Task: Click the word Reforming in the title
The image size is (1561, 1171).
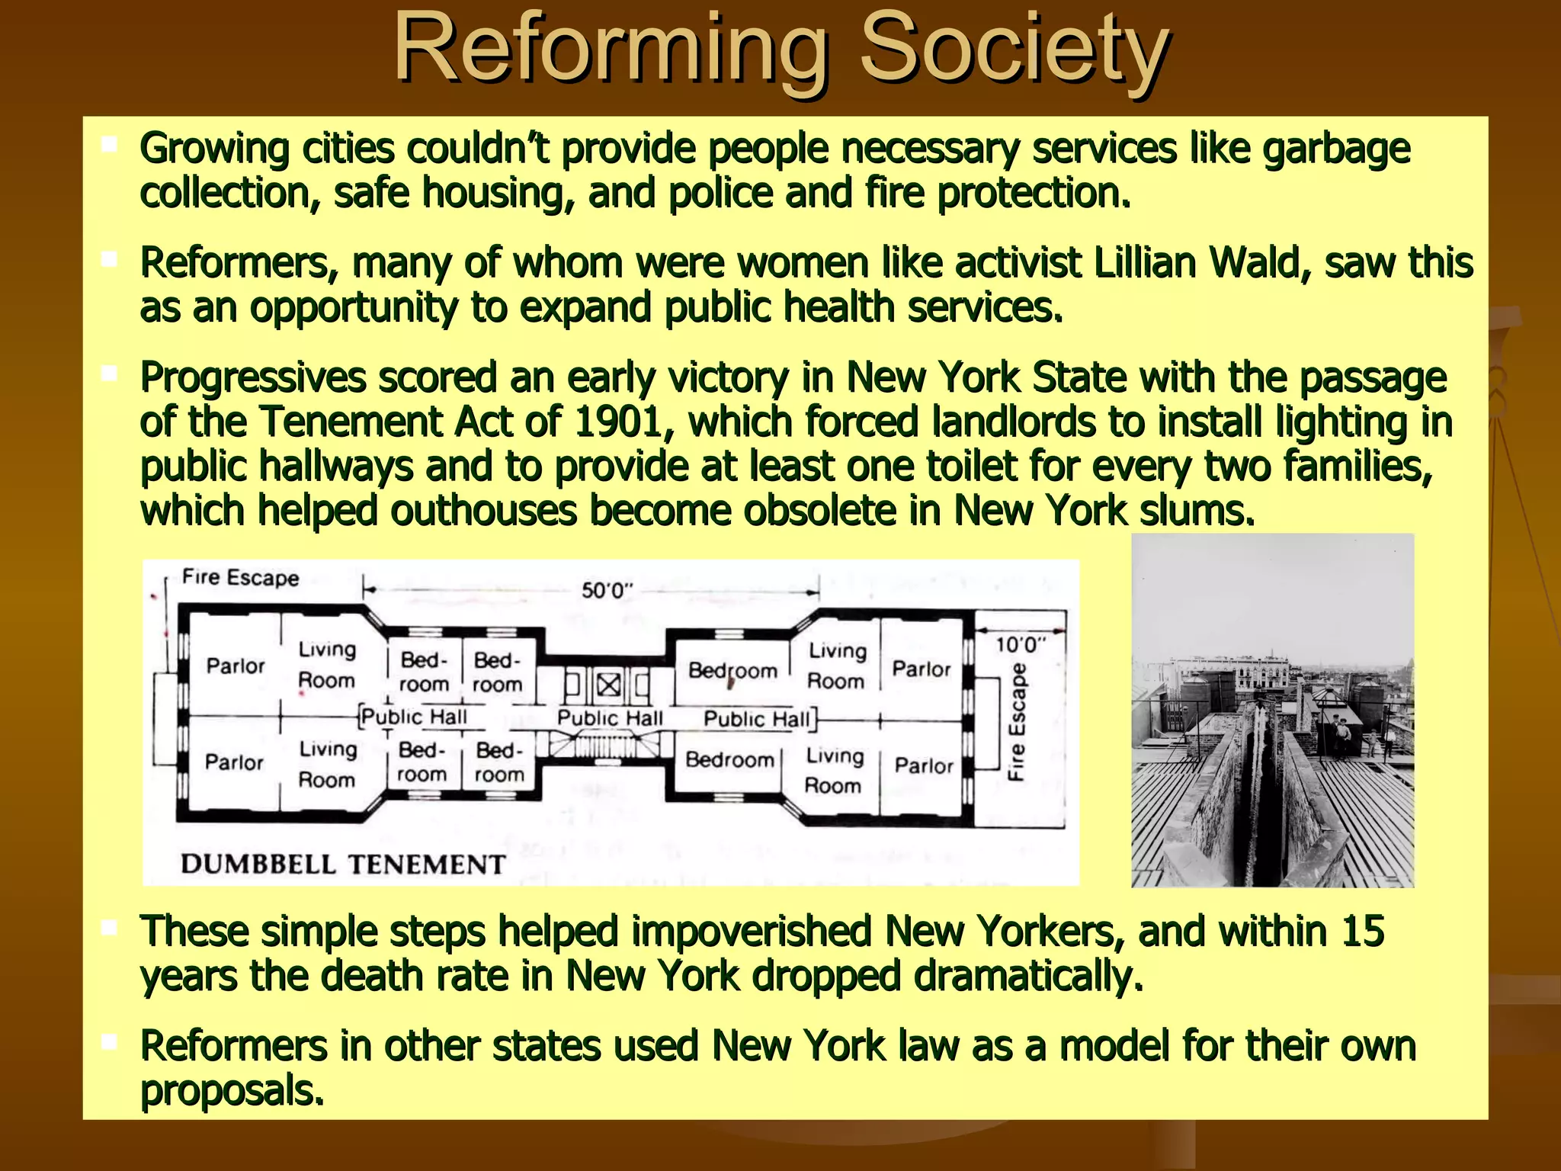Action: coord(610,50)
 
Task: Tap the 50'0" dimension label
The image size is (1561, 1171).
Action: coord(607,591)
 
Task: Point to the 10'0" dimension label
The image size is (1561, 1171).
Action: coord(1021,645)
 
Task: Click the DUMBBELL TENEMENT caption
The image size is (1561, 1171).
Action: coord(343,865)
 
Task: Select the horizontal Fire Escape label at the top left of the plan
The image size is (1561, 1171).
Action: coord(240,578)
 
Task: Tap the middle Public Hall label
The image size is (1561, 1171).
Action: coord(610,718)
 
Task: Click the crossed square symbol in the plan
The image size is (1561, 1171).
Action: coord(607,685)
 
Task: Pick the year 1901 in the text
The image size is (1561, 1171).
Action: coord(617,422)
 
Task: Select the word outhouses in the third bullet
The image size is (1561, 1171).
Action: coord(484,511)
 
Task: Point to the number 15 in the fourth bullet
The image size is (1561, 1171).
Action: coord(1363,932)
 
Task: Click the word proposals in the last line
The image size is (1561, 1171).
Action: coord(232,1091)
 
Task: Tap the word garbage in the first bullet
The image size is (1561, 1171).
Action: coord(1336,149)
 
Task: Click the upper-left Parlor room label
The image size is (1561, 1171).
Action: coord(236,666)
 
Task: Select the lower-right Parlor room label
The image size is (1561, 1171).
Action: coord(924,765)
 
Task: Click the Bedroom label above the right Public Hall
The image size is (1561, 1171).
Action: coord(732,671)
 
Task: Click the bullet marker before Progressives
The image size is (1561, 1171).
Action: coord(109,374)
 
